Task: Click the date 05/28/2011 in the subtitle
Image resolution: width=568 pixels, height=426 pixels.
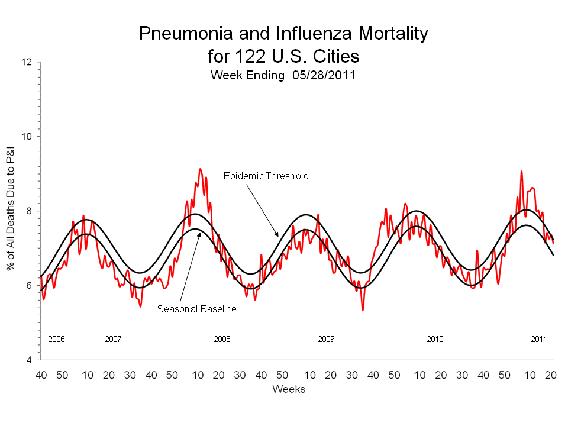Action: point(323,76)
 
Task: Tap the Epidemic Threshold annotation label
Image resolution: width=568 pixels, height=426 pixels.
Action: point(266,176)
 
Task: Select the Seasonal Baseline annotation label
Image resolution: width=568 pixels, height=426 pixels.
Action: point(197,309)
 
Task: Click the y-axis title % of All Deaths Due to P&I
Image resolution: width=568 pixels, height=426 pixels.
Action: point(11,211)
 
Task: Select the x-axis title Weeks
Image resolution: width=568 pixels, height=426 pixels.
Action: point(289,389)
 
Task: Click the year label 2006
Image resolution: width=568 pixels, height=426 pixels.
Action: point(56,340)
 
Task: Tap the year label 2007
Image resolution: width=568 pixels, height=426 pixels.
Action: point(113,340)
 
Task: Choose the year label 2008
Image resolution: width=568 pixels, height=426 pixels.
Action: point(222,340)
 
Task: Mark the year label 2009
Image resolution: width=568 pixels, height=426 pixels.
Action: point(326,340)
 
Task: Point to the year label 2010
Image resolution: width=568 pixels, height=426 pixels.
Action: point(435,340)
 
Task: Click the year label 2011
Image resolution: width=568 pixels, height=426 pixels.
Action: point(539,340)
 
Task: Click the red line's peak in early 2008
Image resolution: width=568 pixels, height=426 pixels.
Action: point(200,169)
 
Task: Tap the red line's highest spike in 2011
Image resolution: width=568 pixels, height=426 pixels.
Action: point(521,172)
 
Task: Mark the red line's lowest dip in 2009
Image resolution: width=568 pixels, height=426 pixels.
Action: point(363,309)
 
